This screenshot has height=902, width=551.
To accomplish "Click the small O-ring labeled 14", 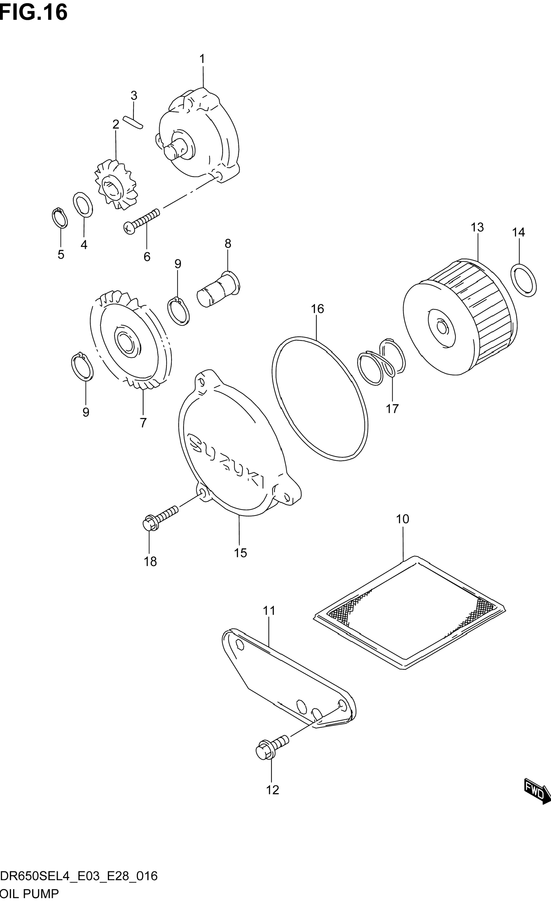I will [x=523, y=280].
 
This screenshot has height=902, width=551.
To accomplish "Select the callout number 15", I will [x=241, y=553].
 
